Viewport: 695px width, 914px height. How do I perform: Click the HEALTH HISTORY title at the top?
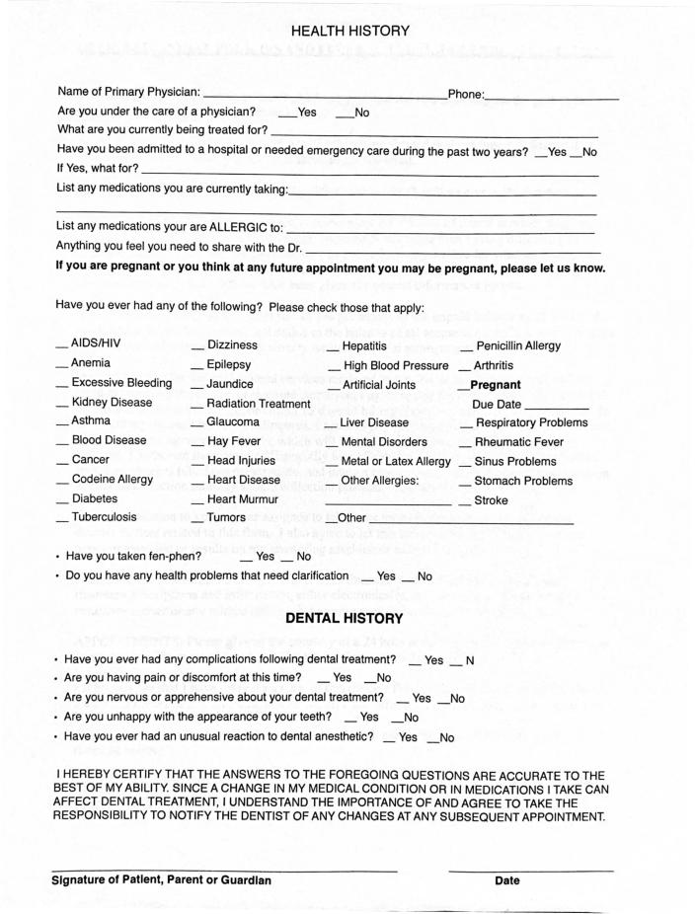(x=350, y=32)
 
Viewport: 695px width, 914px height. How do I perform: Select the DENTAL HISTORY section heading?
(x=345, y=619)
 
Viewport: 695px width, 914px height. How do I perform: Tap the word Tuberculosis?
(x=105, y=517)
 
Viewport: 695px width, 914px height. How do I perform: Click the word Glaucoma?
(x=233, y=422)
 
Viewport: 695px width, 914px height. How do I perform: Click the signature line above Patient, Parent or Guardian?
(x=224, y=870)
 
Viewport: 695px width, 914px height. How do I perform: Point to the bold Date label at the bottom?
(x=506, y=880)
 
